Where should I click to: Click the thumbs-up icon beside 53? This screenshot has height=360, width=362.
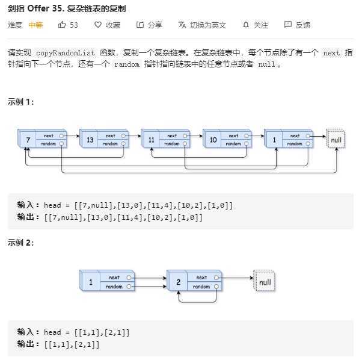[x=62, y=25]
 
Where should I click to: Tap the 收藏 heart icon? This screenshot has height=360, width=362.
[x=98, y=25]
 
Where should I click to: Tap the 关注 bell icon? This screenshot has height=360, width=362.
[x=245, y=25]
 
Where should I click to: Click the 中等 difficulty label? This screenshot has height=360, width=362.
[x=35, y=25]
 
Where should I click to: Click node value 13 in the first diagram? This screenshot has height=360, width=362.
[x=90, y=140]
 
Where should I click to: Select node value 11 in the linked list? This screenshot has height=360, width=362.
[x=152, y=140]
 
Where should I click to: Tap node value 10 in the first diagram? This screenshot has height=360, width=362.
[x=213, y=140]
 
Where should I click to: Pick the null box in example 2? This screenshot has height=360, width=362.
[x=264, y=282]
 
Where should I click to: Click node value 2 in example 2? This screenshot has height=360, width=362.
[x=177, y=282]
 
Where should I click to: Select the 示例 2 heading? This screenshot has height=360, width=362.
[x=21, y=243]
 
